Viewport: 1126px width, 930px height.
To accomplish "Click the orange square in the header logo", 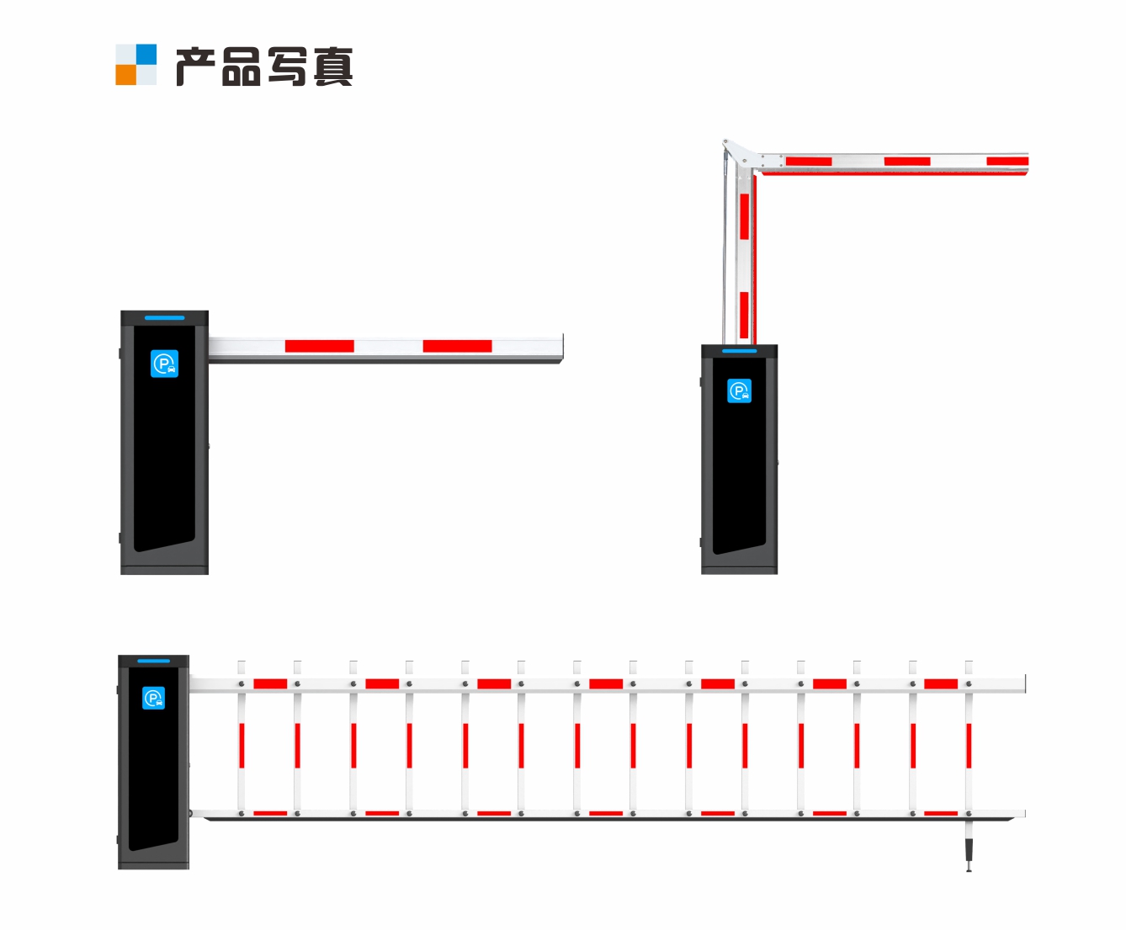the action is tap(125, 75).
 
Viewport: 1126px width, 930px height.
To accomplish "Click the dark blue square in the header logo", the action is tap(146, 55).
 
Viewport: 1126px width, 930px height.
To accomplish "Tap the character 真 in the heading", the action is tap(333, 66).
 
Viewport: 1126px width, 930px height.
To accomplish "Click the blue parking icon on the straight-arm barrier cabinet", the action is tap(164, 364).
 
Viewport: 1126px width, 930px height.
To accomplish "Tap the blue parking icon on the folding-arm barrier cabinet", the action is tap(740, 391).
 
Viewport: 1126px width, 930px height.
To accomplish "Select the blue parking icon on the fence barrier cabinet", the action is tap(154, 698).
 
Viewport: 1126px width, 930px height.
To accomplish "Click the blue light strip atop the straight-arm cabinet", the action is tap(164, 318).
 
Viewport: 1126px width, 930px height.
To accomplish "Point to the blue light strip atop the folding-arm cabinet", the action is tap(740, 351).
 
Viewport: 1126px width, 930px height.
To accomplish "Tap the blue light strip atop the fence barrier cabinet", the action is tap(154, 661).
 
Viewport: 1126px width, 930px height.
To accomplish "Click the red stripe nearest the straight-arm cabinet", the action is tap(319, 346).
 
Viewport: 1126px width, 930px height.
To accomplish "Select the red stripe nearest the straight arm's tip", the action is tap(457, 346).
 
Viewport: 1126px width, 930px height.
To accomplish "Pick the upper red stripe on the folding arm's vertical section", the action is tap(744, 216).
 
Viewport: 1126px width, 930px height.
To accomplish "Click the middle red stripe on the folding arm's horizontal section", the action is tap(907, 162).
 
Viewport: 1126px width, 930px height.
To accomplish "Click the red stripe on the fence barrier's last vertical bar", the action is tap(969, 746).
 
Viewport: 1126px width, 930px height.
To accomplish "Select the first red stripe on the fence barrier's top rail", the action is tap(270, 684).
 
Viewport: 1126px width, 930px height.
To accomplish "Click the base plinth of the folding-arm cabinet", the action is tap(740, 570).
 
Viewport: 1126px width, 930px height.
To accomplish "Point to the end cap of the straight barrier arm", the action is tap(562, 348).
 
